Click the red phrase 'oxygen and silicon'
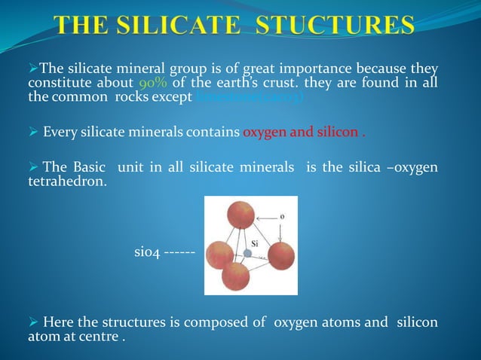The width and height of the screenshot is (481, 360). pos(301,134)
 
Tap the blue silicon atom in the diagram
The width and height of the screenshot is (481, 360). pos(247,254)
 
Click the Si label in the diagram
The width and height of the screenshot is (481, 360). pos(256,243)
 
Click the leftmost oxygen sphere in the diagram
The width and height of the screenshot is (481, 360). pos(219,255)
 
